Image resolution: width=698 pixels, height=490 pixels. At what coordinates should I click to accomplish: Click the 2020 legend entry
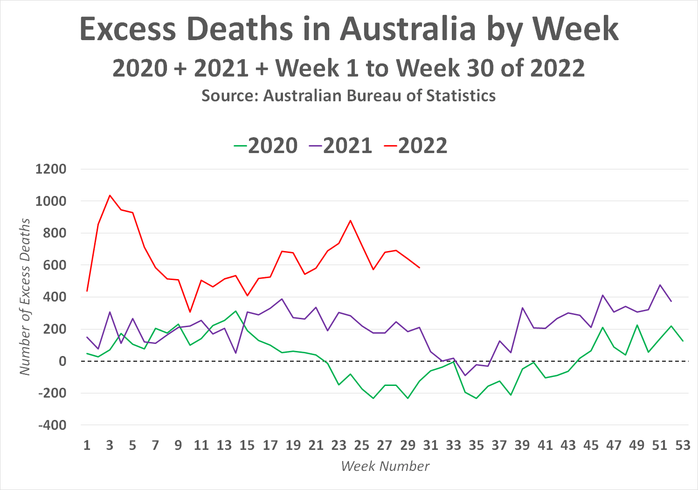click(266, 146)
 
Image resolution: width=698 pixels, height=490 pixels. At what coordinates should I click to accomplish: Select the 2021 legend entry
click(340, 146)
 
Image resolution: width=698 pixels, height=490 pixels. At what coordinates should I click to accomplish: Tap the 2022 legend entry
click(416, 146)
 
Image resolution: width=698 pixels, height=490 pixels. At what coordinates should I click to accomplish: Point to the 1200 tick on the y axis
click(51, 169)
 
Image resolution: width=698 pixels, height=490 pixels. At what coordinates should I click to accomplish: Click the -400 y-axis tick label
click(52, 425)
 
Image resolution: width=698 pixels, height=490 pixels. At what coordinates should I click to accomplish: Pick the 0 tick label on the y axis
click(62, 361)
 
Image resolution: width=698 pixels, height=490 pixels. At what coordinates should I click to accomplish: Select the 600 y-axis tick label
click(55, 265)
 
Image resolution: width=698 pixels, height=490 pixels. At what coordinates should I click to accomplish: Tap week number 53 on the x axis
click(683, 445)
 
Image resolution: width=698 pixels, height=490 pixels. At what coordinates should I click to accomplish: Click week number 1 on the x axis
click(87, 445)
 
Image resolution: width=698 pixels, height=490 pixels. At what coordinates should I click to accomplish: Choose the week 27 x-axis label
click(385, 445)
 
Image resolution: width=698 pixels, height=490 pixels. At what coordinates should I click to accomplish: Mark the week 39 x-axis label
click(522, 445)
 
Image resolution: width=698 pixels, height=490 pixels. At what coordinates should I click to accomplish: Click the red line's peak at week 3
click(110, 196)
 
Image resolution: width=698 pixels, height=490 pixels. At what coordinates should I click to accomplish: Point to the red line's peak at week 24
click(351, 221)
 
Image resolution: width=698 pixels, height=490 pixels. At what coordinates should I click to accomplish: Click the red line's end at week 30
click(420, 267)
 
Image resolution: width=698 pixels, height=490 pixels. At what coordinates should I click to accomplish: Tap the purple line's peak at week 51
click(660, 285)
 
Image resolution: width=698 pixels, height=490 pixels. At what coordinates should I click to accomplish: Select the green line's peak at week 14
click(236, 311)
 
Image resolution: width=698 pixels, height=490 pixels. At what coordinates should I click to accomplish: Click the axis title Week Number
click(385, 466)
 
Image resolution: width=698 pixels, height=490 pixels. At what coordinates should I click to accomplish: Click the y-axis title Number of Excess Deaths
click(25, 297)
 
